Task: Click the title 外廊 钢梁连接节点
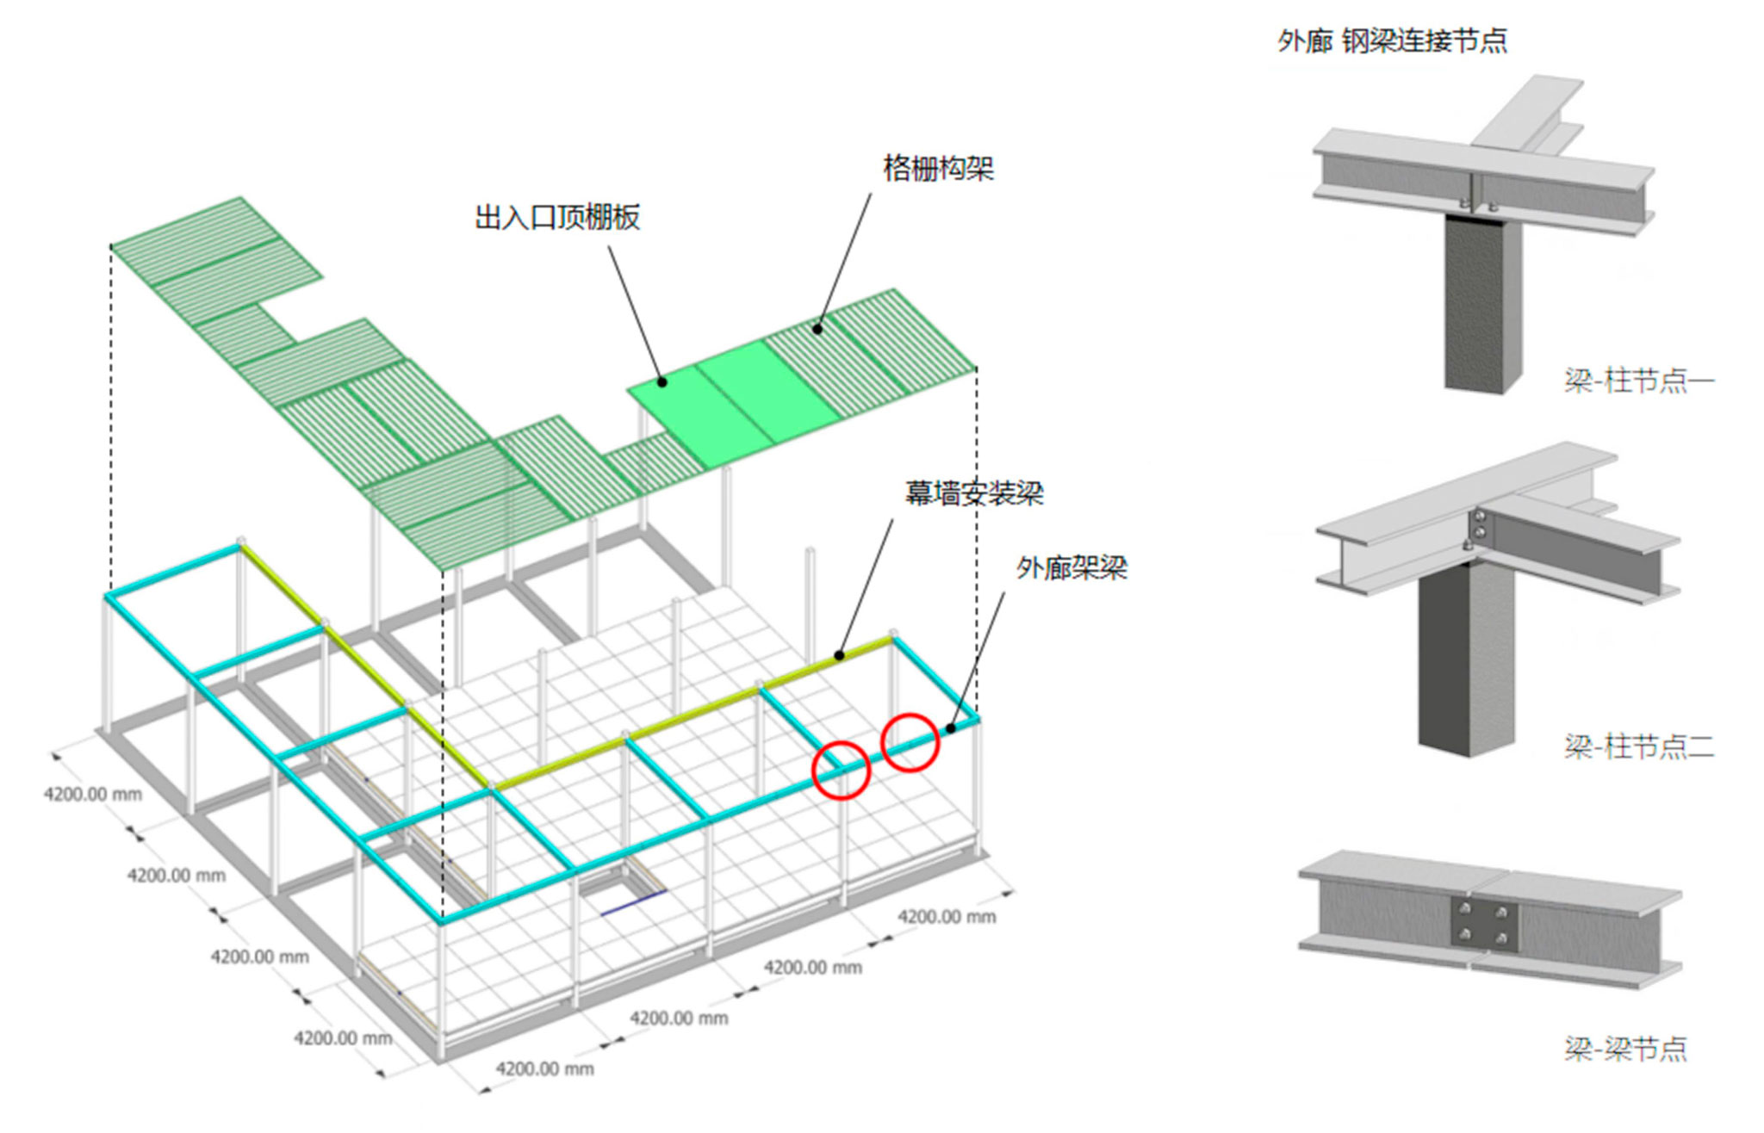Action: [x=1393, y=40]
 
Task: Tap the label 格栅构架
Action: [x=939, y=167]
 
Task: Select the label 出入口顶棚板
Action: [x=557, y=217]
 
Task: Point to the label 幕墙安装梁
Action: [x=974, y=492]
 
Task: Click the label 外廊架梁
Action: [x=1071, y=567]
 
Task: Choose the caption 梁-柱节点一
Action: [x=1639, y=380]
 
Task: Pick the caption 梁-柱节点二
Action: [x=1639, y=746]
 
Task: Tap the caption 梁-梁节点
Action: [x=1625, y=1049]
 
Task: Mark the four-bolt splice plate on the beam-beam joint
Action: [x=1484, y=924]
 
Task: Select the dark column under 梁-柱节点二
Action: [x=1465, y=659]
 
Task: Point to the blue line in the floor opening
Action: [x=633, y=902]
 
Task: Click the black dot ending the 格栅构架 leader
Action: [x=817, y=328]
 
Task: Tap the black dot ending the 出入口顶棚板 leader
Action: [x=662, y=381]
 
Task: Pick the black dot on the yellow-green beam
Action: [x=841, y=656]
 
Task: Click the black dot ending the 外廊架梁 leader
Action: [x=951, y=728]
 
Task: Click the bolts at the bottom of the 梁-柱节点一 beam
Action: [x=1477, y=205]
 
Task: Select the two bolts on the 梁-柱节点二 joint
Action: [x=1479, y=524]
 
